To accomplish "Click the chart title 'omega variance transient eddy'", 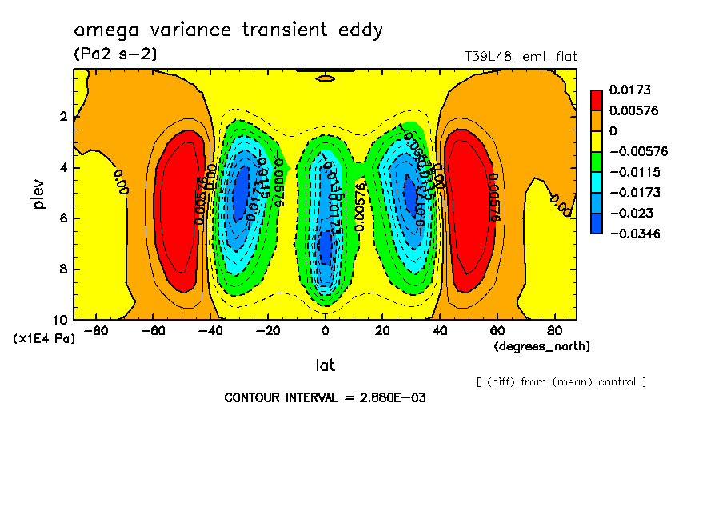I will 229,30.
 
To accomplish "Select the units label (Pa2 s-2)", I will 115,54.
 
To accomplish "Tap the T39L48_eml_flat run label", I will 521,56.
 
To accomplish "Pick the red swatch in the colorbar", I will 597,100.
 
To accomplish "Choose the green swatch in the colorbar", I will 597,162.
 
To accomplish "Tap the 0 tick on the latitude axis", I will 325,330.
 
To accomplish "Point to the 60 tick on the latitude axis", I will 496,330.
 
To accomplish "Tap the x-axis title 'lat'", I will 325,365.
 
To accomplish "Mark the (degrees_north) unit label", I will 542,346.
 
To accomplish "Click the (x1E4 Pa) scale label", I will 44,338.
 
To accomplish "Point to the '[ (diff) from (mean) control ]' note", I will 561,381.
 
